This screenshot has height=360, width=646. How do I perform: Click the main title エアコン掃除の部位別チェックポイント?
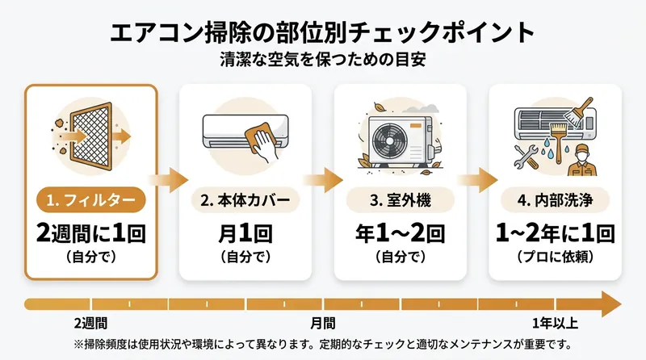[x=323, y=32]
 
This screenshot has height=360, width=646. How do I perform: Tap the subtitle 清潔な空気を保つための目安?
[x=323, y=60]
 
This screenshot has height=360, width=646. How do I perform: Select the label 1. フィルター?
[x=90, y=199]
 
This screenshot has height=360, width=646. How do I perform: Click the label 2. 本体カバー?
[x=245, y=199]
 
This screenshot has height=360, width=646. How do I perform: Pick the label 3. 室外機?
[x=400, y=199]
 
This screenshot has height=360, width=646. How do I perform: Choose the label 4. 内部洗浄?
[x=556, y=199]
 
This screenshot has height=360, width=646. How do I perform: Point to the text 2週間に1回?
[x=90, y=234]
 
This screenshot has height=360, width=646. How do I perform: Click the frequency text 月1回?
[x=245, y=234]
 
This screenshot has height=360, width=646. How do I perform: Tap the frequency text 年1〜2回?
[x=400, y=234]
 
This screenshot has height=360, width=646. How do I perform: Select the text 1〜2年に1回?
[x=556, y=234]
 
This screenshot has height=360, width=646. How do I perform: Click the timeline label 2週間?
[x=90, y=324]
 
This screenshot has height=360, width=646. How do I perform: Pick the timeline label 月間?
[x=322, y=324]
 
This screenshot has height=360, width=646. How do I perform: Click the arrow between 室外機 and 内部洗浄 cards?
[x=479, y=178]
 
